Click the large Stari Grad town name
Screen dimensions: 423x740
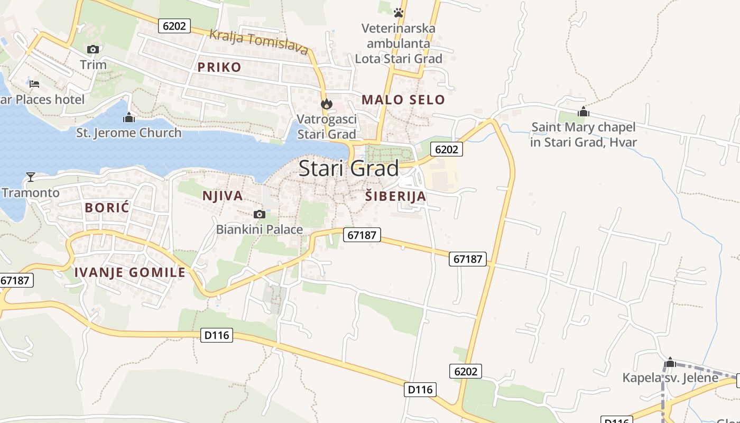pos(348,169)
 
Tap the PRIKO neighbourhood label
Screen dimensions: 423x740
pos(219,67)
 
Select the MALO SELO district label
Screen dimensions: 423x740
pos(403,99)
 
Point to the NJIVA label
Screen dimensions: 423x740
pos(223,196)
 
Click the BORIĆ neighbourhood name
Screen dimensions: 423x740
pos(107,208)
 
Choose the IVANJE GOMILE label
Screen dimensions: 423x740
pos(130,273)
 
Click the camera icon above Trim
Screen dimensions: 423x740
pos(93,50)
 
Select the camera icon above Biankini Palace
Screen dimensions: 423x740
pos(259,214)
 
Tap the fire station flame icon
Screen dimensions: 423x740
pos(327,104)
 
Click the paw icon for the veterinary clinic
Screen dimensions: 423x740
pos(399,12)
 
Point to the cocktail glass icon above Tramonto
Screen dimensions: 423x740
pos(31,177)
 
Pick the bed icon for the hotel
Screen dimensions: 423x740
pos(34,84)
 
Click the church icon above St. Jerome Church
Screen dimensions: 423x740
pos(128,117)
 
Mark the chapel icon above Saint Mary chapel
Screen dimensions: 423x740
pos(584,112)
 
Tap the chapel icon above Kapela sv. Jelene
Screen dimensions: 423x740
pos(670,363)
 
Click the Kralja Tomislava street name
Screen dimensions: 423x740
pos(258,42)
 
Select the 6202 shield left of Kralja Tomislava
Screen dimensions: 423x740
pos(174,25)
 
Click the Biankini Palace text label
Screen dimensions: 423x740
pos(260,229)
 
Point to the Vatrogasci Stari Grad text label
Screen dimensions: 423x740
pos(327,127)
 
